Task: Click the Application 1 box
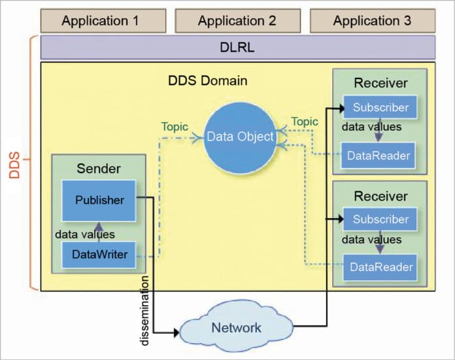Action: pos(100,21)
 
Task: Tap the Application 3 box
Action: pos(372,21)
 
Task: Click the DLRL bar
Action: pos(238,48)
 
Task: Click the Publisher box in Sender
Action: pos(99,201)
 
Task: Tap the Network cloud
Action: pos(235,327)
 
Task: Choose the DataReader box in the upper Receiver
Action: pos(379,155)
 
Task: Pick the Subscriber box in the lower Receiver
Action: pos(380,220)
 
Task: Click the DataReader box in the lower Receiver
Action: pos(381,267)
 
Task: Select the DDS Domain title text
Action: pos(208,81)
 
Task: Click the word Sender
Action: pos(99,169)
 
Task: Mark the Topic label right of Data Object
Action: pos(305,122)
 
